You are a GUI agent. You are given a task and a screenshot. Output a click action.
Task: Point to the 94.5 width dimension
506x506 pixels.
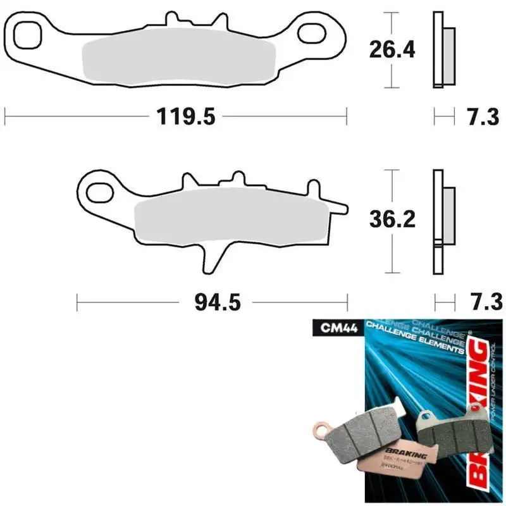[215, 303]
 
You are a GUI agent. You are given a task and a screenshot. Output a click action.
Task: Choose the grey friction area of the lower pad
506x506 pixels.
[231, 219]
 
